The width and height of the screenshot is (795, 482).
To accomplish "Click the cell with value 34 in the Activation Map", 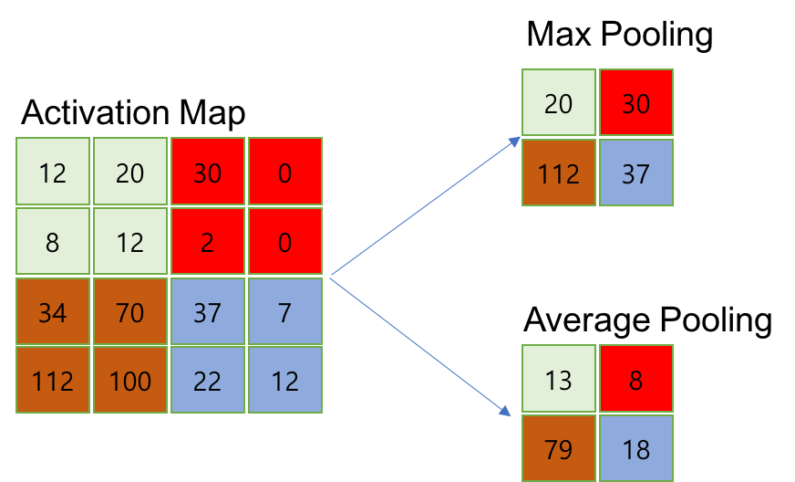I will coord(53,313).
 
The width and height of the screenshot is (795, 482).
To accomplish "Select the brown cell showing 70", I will coord(130,313).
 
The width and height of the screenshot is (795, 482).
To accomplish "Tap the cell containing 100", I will coord(130,381).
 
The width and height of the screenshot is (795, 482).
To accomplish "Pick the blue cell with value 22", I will coord(208,381).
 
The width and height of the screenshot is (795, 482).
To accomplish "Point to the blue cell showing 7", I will coord(285,313).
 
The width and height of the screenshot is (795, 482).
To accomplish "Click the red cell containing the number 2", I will coord(208,242).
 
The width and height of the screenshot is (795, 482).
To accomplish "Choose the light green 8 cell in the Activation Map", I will coord(53,242).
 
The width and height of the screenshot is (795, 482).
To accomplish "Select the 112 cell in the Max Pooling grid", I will coord(558,173).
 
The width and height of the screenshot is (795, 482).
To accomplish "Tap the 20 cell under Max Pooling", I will coord(558,103).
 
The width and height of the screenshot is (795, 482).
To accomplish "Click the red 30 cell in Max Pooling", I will coord(635,103).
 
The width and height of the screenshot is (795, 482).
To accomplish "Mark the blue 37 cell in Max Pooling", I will coord(635,173).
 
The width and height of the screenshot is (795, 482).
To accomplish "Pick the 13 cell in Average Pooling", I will coord(558,379).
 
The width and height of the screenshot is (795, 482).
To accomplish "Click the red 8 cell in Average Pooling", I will coord(635,379).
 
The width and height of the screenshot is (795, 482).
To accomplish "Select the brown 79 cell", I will coord(558,448).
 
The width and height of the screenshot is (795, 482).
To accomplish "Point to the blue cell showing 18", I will coord(635,448).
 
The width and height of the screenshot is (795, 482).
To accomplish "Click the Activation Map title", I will coord(133,114).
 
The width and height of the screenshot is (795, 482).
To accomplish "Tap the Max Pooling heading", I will coord(619,36).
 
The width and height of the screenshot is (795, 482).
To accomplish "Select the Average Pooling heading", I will coord(647,321).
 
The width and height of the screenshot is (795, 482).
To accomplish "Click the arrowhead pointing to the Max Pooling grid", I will coord(514,141).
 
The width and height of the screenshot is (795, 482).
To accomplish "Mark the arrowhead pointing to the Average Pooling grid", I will coord(504,412).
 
